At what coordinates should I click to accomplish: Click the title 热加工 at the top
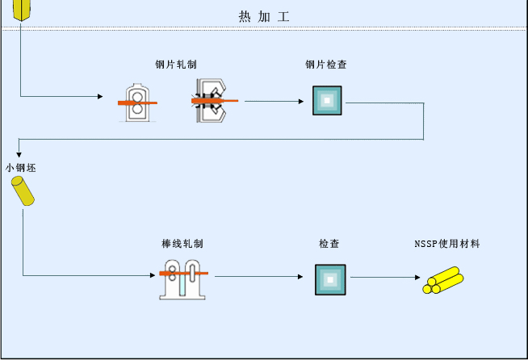pos(263,16)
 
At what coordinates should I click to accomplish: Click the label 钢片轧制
pos(177,65)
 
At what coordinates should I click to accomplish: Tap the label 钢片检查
pos(326,65)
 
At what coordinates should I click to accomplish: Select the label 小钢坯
pos(20,168)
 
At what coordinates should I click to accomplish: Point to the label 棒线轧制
pos(182,243)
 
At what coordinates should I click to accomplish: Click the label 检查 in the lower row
pos(329,243)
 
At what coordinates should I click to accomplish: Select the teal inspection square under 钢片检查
pos(327,101)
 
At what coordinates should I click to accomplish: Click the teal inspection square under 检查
pos(329,278)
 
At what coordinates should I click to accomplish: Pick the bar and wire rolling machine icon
pos(184,278)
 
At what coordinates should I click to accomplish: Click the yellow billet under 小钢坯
pos(23,191)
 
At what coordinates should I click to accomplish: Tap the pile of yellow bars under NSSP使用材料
pos(443,281)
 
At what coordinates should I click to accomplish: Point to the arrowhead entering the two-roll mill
pos(100,97)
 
